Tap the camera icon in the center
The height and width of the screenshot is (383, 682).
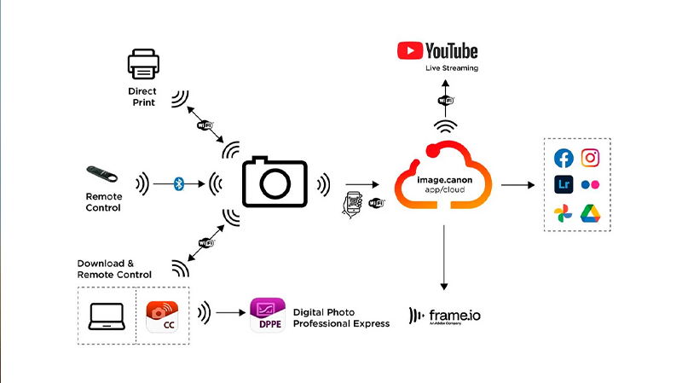point(274,183)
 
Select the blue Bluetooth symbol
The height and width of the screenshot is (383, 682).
point(179,183)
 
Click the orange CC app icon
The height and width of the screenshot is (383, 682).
point(163,316)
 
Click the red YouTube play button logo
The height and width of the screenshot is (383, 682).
point(410,50)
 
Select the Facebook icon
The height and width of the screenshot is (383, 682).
point(564,158)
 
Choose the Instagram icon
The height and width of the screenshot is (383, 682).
point(591,158)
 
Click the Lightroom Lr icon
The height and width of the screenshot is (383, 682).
point(564,184)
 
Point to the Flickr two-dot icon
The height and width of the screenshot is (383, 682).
point(591,185)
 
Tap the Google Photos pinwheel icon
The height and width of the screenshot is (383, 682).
point(564,212)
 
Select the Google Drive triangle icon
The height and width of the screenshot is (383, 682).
point(591,212)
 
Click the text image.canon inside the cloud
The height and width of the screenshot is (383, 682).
point(442,181)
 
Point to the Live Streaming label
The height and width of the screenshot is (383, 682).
point(451,68)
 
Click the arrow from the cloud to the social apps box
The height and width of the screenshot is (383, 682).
point(517,184)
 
